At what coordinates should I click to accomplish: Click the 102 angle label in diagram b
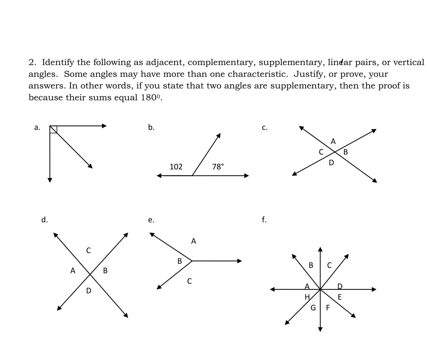176,167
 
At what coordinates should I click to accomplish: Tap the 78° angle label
218,167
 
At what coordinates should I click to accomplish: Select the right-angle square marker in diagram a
54,129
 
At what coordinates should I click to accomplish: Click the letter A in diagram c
333,141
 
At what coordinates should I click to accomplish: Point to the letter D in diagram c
331,163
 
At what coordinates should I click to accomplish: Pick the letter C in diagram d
89,251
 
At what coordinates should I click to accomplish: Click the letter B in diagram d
105,271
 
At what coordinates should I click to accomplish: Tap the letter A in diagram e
194,241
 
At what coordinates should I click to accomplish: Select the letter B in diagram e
180,261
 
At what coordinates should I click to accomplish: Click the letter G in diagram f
313,308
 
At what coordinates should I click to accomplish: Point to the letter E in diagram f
340,297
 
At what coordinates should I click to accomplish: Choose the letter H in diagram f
307,297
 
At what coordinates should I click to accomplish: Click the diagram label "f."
264,220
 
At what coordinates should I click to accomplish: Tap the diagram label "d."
44,220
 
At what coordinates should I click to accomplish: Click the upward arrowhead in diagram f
320,249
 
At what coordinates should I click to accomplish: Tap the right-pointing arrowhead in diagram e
240,261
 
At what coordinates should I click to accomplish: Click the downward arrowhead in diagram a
50,180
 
